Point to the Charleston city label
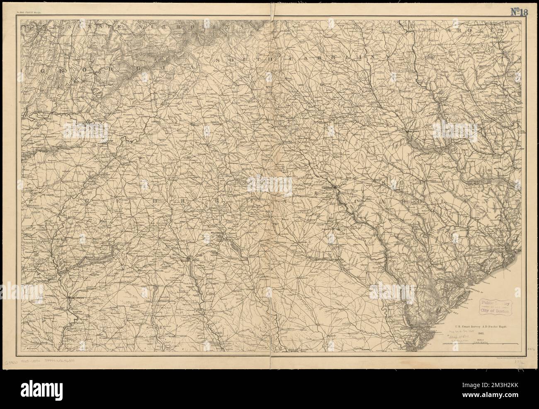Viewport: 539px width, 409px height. click(x=507, y=248)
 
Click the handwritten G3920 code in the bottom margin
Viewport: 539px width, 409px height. click(x=13, y=362)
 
